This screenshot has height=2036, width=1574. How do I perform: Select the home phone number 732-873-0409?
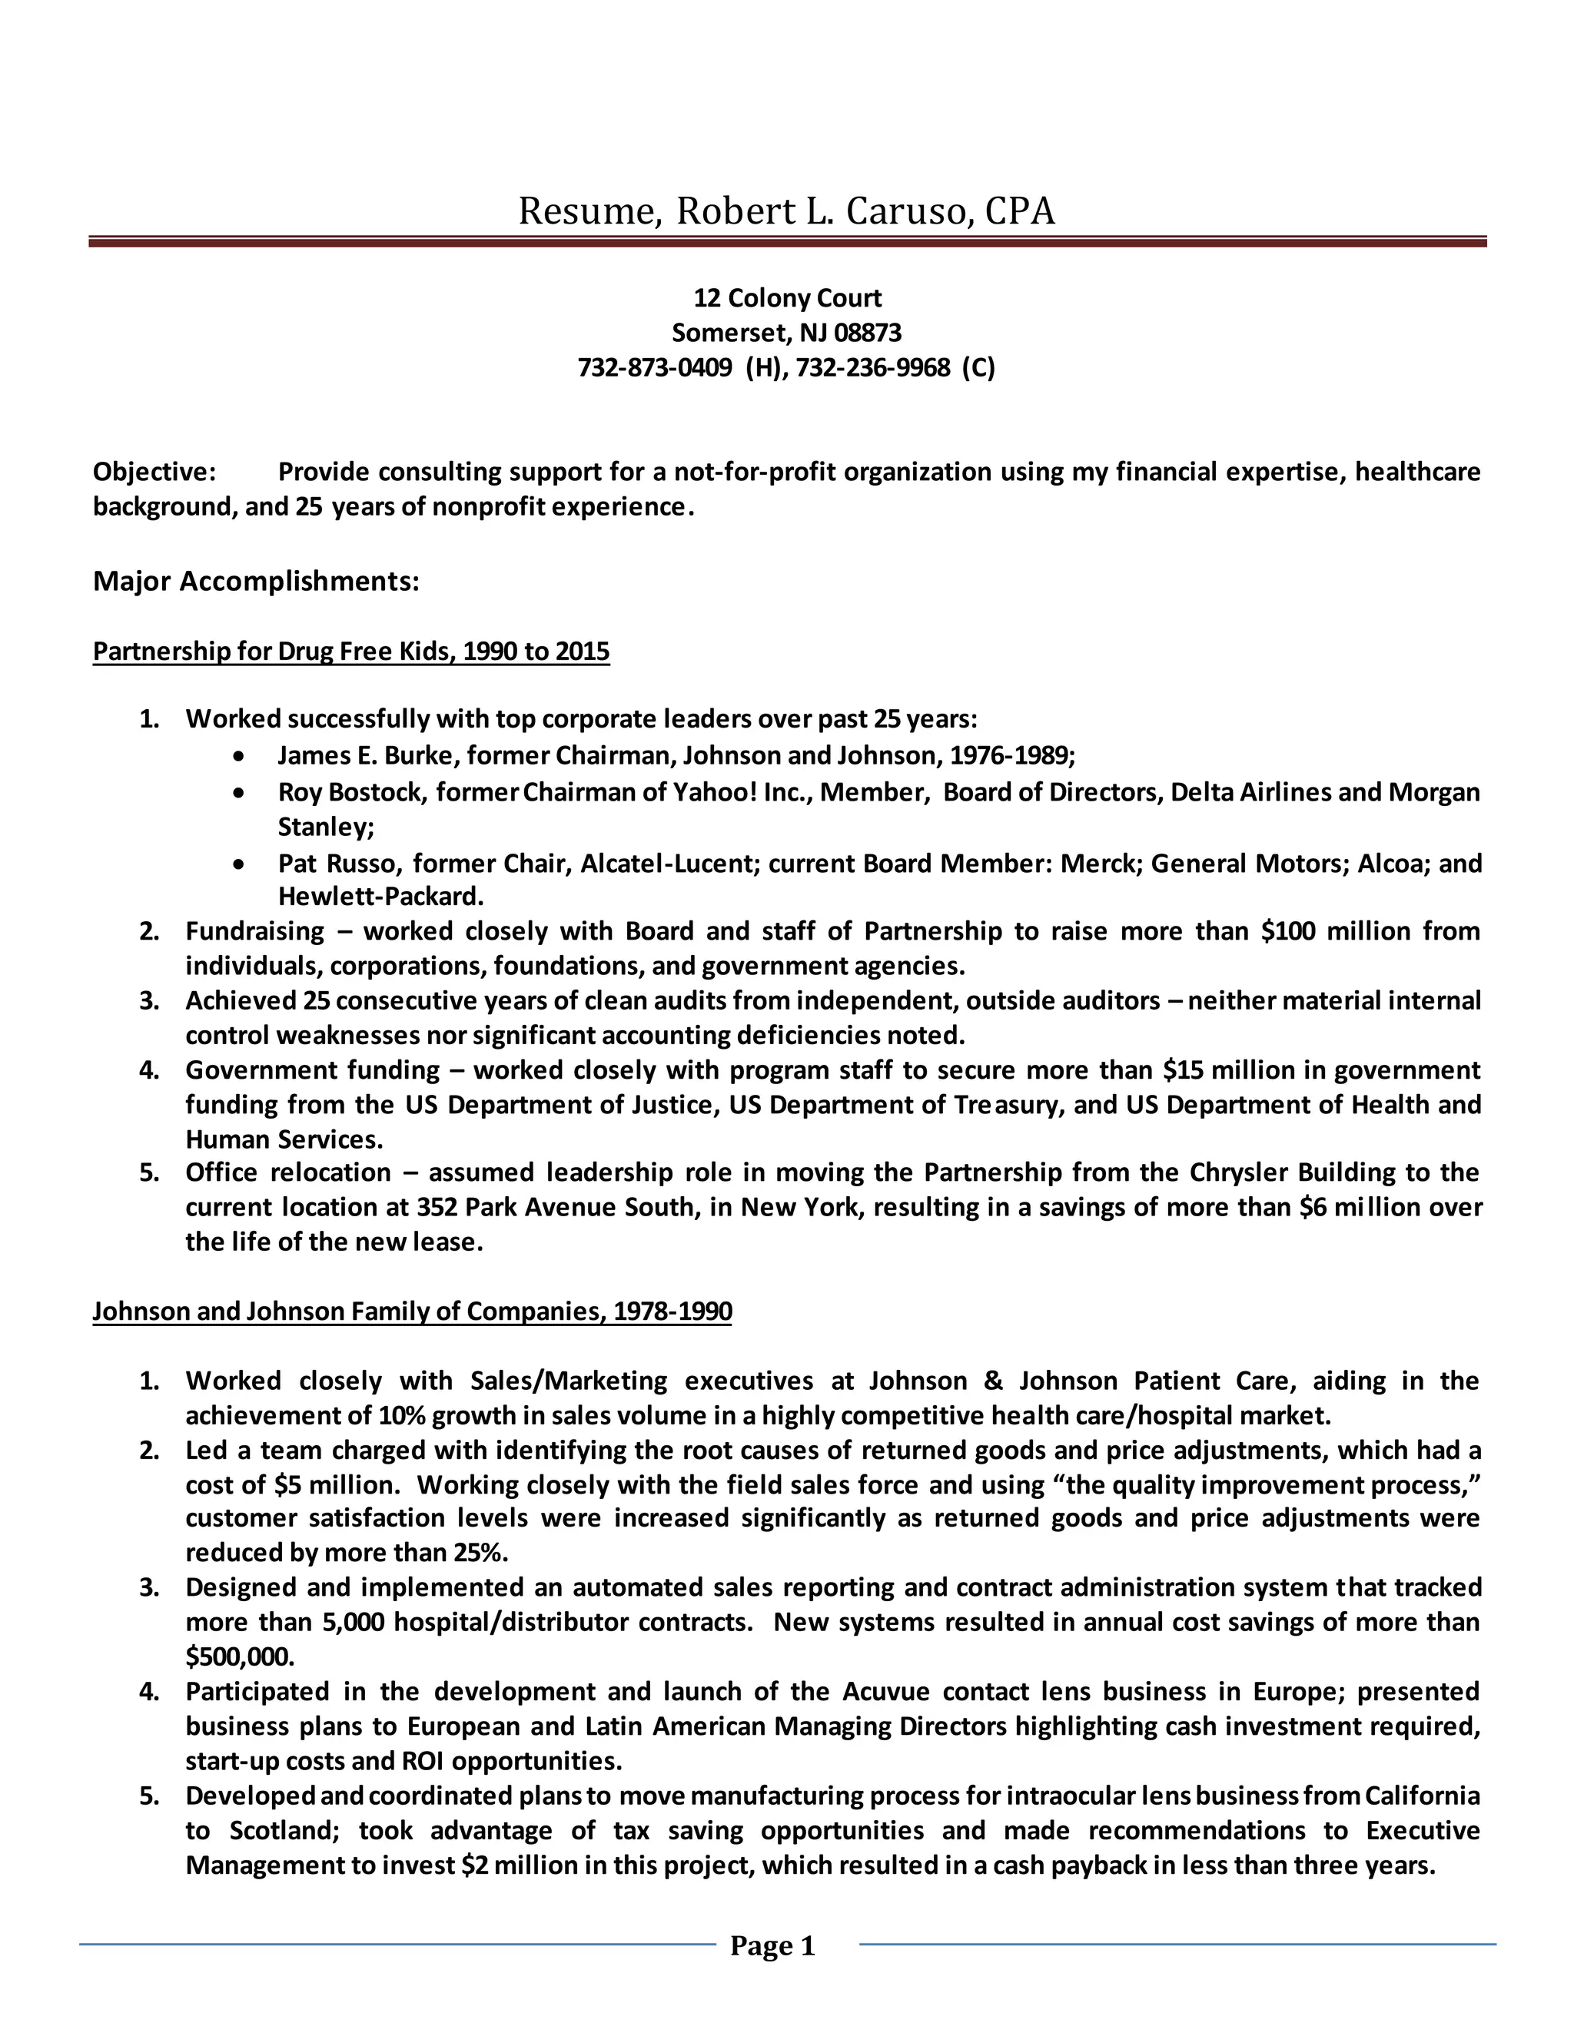coord(655,367)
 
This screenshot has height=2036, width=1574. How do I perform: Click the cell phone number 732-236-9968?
coord(873,367)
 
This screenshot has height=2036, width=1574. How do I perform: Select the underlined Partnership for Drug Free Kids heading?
coord(350,651)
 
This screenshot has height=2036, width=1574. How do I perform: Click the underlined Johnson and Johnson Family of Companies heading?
coord(412,1311)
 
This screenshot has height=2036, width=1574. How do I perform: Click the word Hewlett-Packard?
coord(380,897)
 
